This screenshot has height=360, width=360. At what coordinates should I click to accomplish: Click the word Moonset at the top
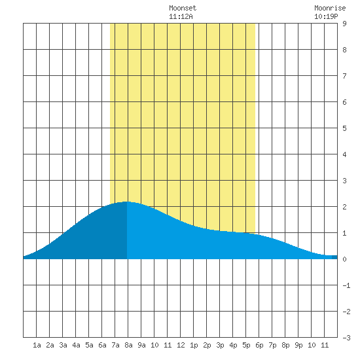183,8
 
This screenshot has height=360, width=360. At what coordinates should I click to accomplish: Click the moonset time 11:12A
181,16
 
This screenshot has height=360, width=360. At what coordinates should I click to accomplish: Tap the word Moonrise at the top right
330,8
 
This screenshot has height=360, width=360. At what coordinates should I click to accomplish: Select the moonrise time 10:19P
326,16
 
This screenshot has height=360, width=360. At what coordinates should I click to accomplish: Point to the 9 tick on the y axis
344,24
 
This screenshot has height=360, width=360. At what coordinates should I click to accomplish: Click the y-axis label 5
344,128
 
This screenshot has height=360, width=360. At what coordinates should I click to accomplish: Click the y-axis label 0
344,259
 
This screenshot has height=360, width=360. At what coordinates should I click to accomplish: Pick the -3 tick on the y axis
346,338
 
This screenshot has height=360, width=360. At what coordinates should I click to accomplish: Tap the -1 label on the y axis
346,285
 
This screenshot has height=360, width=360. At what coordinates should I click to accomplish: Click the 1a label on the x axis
37,345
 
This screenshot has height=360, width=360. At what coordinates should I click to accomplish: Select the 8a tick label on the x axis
128,345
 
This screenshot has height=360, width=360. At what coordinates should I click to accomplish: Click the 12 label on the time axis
181,345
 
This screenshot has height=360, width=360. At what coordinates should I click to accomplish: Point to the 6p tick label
259,345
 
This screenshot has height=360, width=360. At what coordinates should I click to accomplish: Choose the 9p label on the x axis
298,345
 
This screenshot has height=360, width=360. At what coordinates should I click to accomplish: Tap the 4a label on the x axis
76,345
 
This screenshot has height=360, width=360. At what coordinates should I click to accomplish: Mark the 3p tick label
220,345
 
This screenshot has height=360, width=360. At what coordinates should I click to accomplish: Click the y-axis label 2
344,207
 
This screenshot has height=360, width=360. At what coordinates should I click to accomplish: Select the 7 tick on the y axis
344,76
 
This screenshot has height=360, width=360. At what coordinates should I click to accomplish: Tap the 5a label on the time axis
89,345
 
